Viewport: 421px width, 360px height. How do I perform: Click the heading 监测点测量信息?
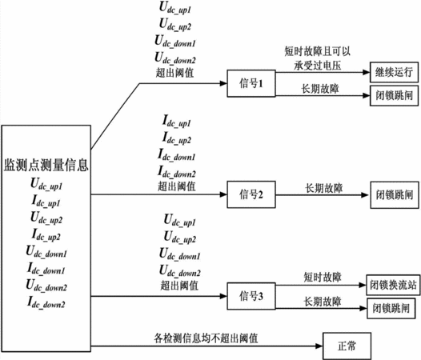pyautogui.click(x=46, y=165)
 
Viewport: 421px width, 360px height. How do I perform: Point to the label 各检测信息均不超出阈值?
pyautogui.click(x=206, y=338)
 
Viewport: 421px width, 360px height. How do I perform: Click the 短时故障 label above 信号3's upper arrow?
pyautogui.click(x=323, y=277)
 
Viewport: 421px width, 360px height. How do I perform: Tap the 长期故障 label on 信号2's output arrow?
pyautogui.click(x=324, y=188)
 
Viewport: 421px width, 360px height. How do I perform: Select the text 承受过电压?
pyautogui.click(x=318, y=66)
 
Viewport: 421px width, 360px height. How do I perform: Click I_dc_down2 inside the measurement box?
pyautogui.click(x=46, y=302)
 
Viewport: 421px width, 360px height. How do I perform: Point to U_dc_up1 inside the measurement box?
pyautogui.click(x=46, y=185)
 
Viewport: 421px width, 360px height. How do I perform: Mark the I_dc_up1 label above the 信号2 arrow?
pyautogui.click(x=176, y=121)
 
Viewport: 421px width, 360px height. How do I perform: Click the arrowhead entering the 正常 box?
pyautogui.click(x=319, y=346)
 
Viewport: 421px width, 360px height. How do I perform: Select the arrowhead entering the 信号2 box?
pyautogui.click(x=223, y=194)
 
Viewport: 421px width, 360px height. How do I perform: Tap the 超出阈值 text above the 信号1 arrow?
pyautogui.click(x=174, y=73)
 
